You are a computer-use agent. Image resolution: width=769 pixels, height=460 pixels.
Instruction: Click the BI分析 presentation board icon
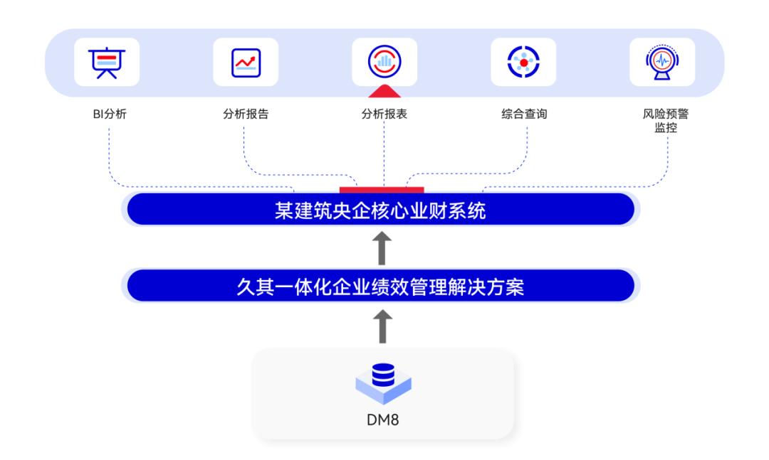pyautogui.click(x=107, y=62)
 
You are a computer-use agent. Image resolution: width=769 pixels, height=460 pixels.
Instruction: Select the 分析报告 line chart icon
pyautogui.click(x=246, y=62)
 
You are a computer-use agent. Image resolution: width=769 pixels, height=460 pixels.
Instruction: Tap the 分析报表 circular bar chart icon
pyautogui.click(x=384, y=62)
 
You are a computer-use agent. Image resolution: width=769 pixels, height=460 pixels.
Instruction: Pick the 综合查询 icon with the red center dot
pyautogui.click(x=523, y=62)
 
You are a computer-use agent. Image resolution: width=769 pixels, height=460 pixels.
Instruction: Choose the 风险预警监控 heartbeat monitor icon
pyautogui.click(x=662, y=62)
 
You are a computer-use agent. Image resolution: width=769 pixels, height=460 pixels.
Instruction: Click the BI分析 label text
pyautogui.click(x=110, y=114)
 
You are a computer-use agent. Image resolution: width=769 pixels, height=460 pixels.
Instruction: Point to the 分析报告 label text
pyautogui.click(x=246, y=114)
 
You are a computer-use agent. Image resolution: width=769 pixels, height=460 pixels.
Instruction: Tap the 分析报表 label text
pyautogui.click(x=384, y=114)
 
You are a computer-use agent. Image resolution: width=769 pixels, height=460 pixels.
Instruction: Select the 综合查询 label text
pyautogui.click(x=524, y=114)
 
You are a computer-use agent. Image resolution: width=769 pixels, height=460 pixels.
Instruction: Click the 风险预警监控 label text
pyautogui.click(x=666, y=120)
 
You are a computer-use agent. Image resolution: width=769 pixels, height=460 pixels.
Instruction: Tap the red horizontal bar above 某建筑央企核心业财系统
pyautogui.click(x=382, y=189)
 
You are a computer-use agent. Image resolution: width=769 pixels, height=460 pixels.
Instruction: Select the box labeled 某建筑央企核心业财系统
pyautogui.click(x=381, y=210)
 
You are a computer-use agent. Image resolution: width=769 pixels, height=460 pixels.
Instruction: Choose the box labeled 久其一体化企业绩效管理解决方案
pyautogui.click(x=381, y=287)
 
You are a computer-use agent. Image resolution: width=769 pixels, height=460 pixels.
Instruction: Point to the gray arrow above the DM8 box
pyautogui.click(x=382, y=326)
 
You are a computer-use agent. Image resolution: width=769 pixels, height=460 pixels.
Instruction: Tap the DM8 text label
pyautogui.click(x=383, y=419)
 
